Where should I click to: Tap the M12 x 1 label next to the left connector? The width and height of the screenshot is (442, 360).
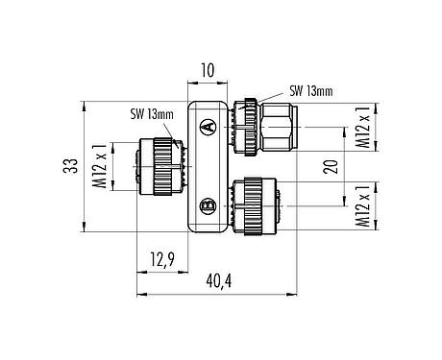pyautogui.click(x=99, y=165)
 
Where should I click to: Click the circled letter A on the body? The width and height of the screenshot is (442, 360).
pyautogui.click(x=207, y=125)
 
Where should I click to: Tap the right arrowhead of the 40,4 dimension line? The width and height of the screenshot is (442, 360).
pyautogui.click(x=299, y=292)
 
